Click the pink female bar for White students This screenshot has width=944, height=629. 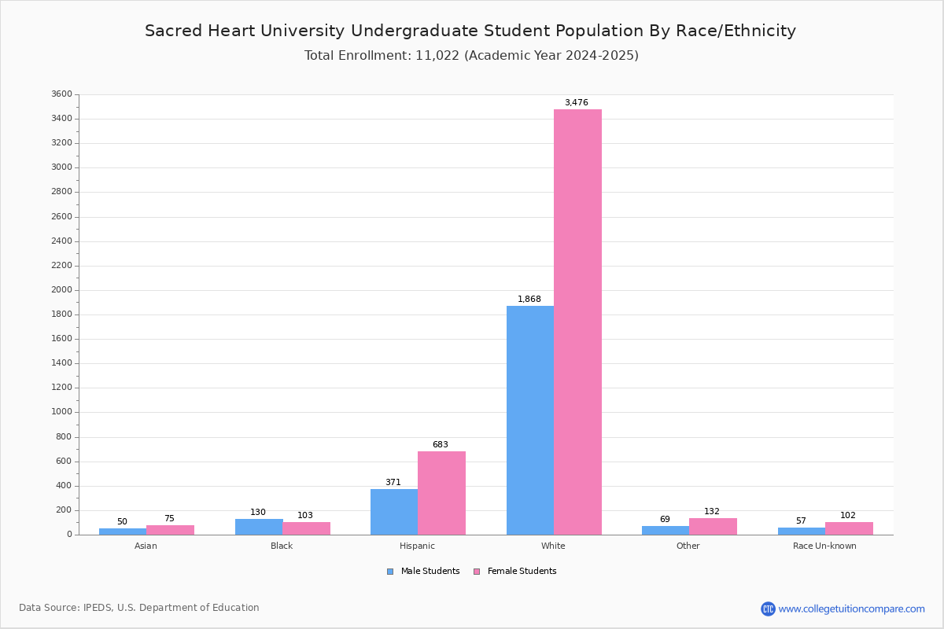pos(577,322)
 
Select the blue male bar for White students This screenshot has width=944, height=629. pos(530,420)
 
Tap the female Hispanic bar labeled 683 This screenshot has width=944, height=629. pos(441,493)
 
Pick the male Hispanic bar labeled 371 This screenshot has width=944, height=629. pos(394,512)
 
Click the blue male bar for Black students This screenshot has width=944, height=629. pos(259,527)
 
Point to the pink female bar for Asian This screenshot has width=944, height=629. pos(170,530)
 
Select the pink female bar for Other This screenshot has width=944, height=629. pos(713,527)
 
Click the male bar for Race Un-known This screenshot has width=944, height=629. pos(802,532)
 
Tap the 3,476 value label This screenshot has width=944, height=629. pos(577,102)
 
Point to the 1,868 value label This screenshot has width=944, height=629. pos(529,299)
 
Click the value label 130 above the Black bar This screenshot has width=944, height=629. pos(258,512)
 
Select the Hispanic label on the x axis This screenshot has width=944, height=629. pos(417,546)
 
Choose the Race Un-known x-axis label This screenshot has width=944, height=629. pos(824,546)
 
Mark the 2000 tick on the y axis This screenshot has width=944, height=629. pos(62,290)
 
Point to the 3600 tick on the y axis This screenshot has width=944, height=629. pos(62,94)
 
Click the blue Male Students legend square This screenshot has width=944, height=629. pos(390,572)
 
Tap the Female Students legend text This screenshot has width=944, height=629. pos(522,571)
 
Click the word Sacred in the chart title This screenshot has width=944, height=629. pos(174,31)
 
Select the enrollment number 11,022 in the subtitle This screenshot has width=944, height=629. pos(437,56)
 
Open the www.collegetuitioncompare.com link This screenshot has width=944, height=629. pos(851,609)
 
